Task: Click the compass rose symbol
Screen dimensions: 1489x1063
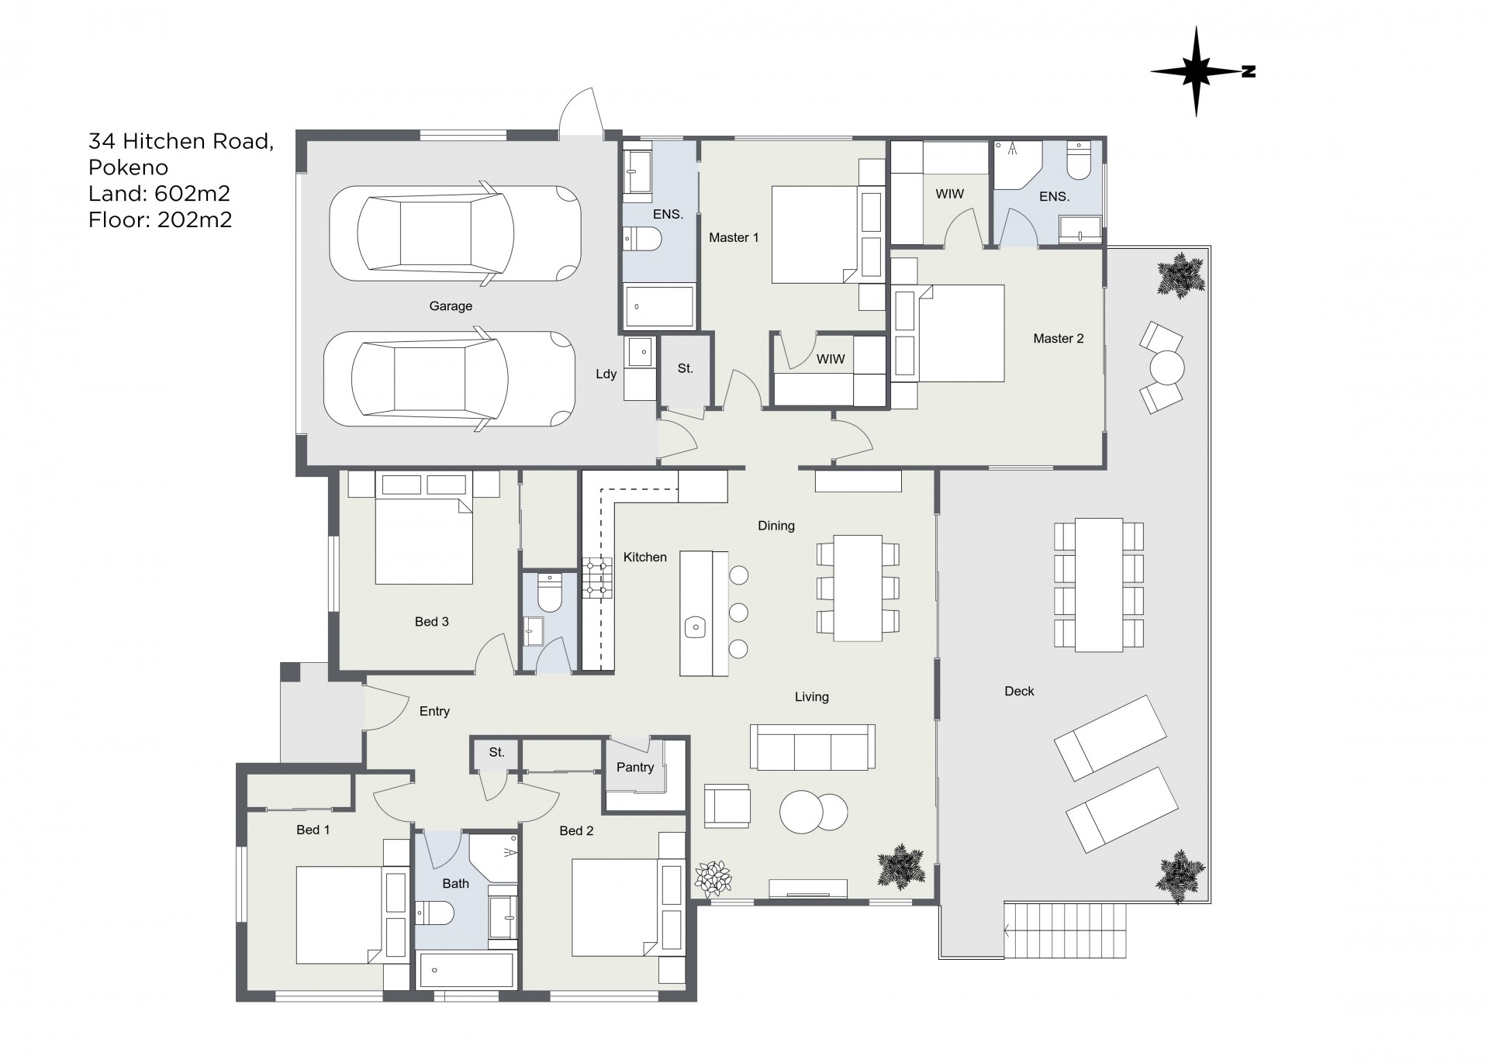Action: (x=1196, y=71)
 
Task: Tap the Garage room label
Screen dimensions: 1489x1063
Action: (x=451, y=306)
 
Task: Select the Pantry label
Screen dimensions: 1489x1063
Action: (x=635, y=767)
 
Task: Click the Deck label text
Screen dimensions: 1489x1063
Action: (x=1019, y=691)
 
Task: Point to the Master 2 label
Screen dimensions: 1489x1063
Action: (x=1058, y=338)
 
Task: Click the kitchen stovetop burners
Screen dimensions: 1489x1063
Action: (x=597, y=578)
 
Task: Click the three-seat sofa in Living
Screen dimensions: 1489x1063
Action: (x=812, y=747)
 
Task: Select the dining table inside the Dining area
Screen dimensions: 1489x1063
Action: (x=858, y=588)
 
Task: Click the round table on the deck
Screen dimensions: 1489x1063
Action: (x=1167, y=368)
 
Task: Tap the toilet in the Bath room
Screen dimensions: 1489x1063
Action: (x=434, y=914)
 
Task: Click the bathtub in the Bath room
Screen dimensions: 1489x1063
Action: (x=466, y=971)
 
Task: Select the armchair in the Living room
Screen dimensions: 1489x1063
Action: (x=727, y=806)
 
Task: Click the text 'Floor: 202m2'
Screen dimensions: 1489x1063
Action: (x=161, y=220)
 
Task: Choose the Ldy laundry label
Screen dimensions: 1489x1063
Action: (x=606, y=374)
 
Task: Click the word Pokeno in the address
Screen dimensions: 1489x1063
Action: (x=128, y=167)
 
